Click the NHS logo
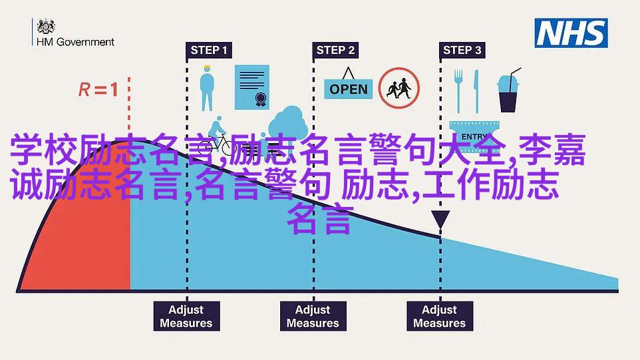[x=571, y=33]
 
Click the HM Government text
[x=75, y=42]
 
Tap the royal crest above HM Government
[x=46, y=27]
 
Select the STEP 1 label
[x=209, y=50]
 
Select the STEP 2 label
[x=335, y=50]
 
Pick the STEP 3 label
[x=462, y=50]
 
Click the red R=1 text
[x=98, y=89]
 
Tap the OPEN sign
[x=349, y=85]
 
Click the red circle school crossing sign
[x=399, y=88]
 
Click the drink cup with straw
[x=508, y=90]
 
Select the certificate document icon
[x=252, y=87]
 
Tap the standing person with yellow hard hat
[x=207, y=88]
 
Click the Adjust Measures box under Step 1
[x=186, y=316]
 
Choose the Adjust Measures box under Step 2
[x=313, y=316]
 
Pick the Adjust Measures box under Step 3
[x=440, y=316]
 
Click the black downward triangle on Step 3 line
[x=440, y=218]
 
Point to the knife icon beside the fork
[x=476, y=91]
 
